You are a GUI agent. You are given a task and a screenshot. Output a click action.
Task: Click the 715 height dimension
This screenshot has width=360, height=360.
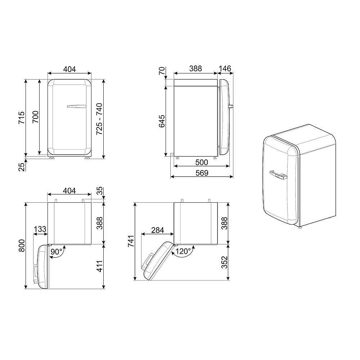point(21,118)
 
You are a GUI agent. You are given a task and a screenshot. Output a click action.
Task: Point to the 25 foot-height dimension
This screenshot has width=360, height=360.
point(21,166)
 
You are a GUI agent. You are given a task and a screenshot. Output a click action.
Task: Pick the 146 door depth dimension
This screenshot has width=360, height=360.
point(225,68)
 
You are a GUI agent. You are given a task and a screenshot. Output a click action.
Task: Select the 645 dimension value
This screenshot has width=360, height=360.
point(162,121)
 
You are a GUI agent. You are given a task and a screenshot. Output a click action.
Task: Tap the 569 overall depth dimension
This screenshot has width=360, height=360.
point(202,173)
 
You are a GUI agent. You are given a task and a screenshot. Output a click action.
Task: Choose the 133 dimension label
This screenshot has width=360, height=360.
point(40,229)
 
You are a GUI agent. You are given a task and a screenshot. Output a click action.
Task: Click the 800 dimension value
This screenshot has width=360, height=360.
point(21,246)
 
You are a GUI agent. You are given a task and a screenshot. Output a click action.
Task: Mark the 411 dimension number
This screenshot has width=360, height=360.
point(100,266)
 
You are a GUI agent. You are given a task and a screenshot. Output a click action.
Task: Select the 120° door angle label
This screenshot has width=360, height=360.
point(183,252)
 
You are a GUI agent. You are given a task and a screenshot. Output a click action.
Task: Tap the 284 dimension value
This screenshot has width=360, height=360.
point(157,229)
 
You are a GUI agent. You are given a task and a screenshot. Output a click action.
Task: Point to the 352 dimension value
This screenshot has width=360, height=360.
point(224,262)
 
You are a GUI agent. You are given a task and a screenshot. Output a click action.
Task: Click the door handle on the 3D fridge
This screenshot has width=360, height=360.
point(278,175)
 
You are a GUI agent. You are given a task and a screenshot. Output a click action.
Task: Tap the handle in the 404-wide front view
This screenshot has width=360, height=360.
point(77,106)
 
